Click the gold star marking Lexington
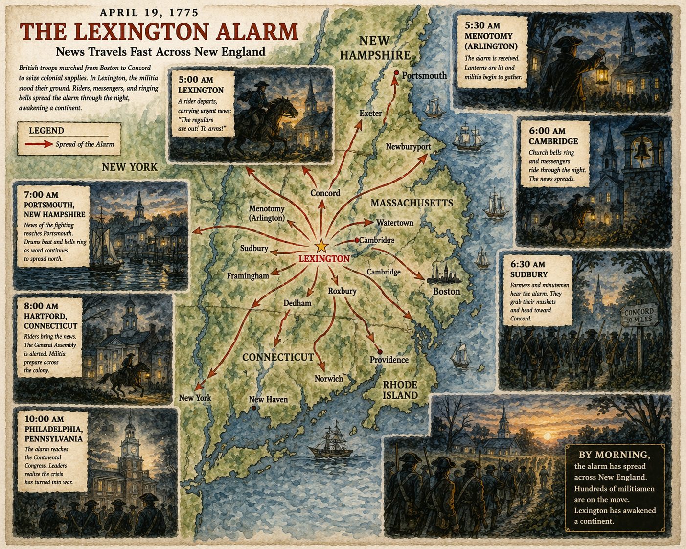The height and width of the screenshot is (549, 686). coord(321,246)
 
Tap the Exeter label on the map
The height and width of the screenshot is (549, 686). coord(370,114)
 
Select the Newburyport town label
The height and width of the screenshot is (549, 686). coord(408,147)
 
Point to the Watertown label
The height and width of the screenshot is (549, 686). coord(394,223)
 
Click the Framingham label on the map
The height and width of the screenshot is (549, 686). coord(248,276)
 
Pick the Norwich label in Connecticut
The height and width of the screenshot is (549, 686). coord(328,379)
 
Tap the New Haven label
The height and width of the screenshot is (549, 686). coord(268,399)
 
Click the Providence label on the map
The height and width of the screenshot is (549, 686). coord(389,360)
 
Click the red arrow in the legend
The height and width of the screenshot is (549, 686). coord(39,144)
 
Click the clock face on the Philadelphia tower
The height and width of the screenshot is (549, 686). coord(130,447)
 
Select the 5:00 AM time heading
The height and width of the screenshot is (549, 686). coord(196,79)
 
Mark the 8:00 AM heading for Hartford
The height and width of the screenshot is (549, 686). coord(41,306)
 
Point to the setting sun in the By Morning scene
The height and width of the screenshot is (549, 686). coord(548,435)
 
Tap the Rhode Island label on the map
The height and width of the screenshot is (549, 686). coord(400,390)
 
